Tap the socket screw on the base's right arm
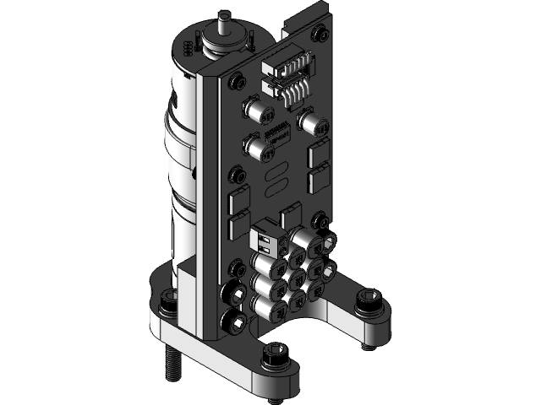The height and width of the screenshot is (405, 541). pyautogui.click(x=369, y=299)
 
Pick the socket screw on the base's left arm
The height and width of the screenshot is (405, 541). pyautogui.click(x=166, y=300)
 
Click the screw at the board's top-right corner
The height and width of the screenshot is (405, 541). pyautogui.click(x=320, y=35)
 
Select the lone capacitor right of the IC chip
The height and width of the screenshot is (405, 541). pyautogui.click(x=314, y=125)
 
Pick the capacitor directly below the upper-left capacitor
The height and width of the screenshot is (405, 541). pyautogui.click(x=254, y=149)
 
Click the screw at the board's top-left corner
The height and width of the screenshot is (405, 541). pyautogui.click(x=236, y=81)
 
